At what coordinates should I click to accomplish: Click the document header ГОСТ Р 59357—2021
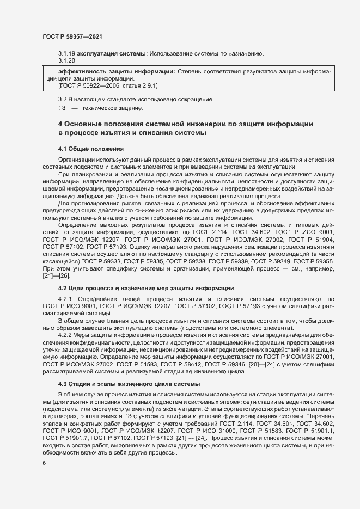point(72,36)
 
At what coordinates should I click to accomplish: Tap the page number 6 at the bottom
point(44,464)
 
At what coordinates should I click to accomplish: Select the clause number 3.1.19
point(66,53)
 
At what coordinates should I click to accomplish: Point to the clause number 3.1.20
point(66,60)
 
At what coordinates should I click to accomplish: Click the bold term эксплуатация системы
point(112,53)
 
